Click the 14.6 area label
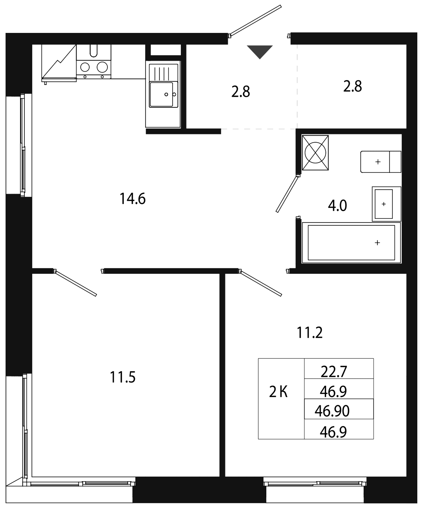[132, 199]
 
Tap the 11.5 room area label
[122, 377]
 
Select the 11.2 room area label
[309, 333]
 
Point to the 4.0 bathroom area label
[337, 206]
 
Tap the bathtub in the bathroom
[351, 243]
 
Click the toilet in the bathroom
[381, 162]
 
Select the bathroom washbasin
[387, 204]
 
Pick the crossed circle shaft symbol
[315, 153]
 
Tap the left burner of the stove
[85, 67]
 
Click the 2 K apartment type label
[278, 392]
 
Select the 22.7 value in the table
[334, 372]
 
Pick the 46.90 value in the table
[332, 411]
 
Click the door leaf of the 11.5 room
[76, 283]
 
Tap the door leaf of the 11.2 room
[261, 283]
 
